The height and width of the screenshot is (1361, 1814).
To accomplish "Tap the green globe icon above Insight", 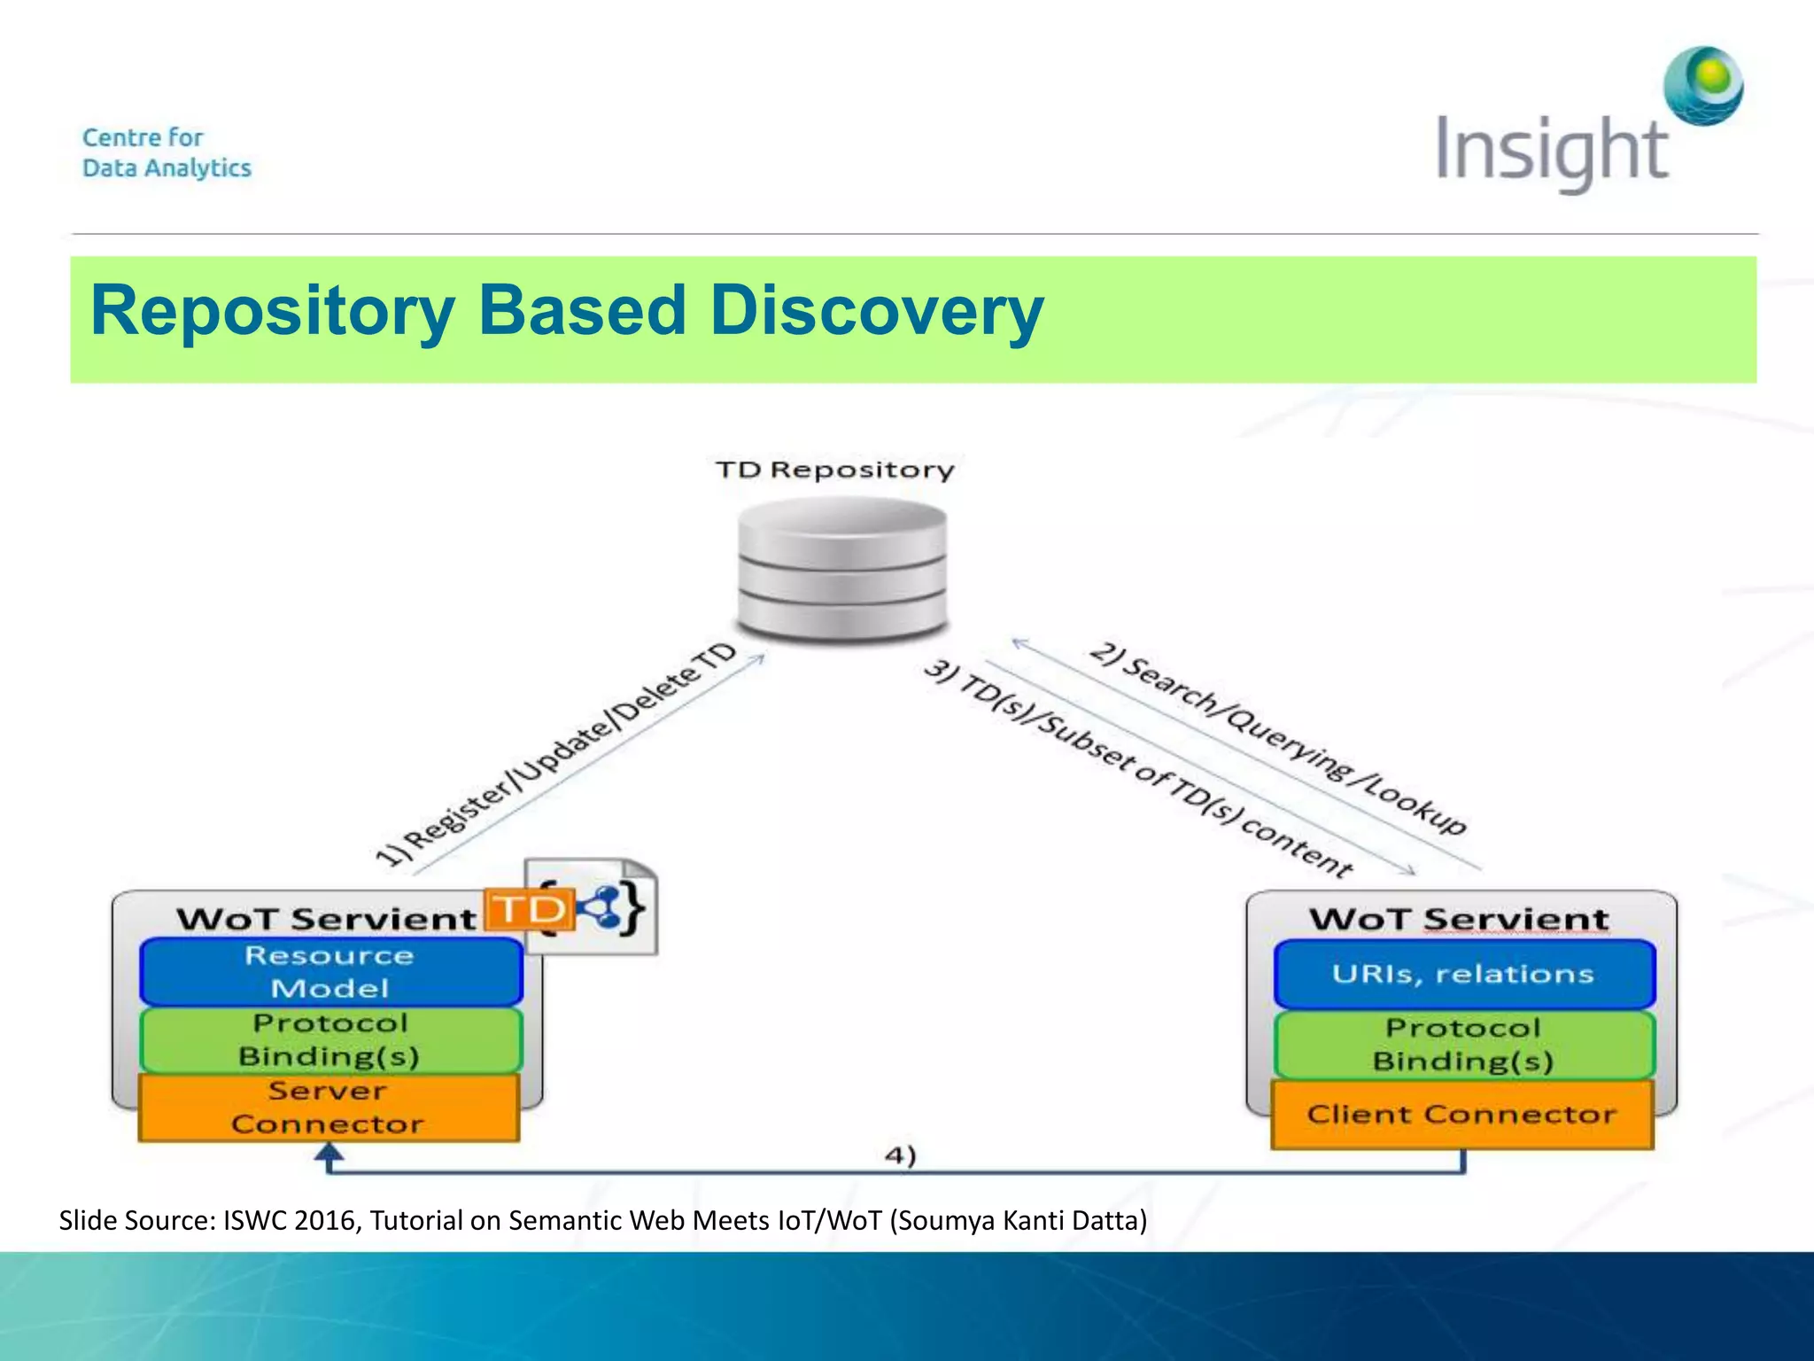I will (1703, 86).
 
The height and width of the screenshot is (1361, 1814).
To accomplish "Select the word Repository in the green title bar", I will (273, 311).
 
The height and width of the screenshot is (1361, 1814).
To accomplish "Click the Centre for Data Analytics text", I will (167, 152).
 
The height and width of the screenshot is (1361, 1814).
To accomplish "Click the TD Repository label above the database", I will (834, 470).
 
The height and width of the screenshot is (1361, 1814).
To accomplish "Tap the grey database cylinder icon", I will (842, 567).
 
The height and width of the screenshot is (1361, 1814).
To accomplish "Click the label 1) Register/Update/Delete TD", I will (556, 753).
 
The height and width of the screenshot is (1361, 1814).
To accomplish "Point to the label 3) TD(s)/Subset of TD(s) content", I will (1138, 767).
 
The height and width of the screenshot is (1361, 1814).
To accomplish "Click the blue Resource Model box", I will (330, 972).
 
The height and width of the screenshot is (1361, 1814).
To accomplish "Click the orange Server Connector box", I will (329, 1108).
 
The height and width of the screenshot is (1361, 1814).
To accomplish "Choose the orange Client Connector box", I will (1461, 1115).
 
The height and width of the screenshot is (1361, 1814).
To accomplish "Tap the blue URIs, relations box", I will (1463, 974).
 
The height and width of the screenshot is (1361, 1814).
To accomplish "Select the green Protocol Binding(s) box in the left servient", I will (330, 1040).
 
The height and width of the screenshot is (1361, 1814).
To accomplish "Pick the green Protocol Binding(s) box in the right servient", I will (1463, 1045).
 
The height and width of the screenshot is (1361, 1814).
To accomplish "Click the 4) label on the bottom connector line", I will (900, 1155).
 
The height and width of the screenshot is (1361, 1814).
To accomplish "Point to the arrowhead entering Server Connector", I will (329, 1153).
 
